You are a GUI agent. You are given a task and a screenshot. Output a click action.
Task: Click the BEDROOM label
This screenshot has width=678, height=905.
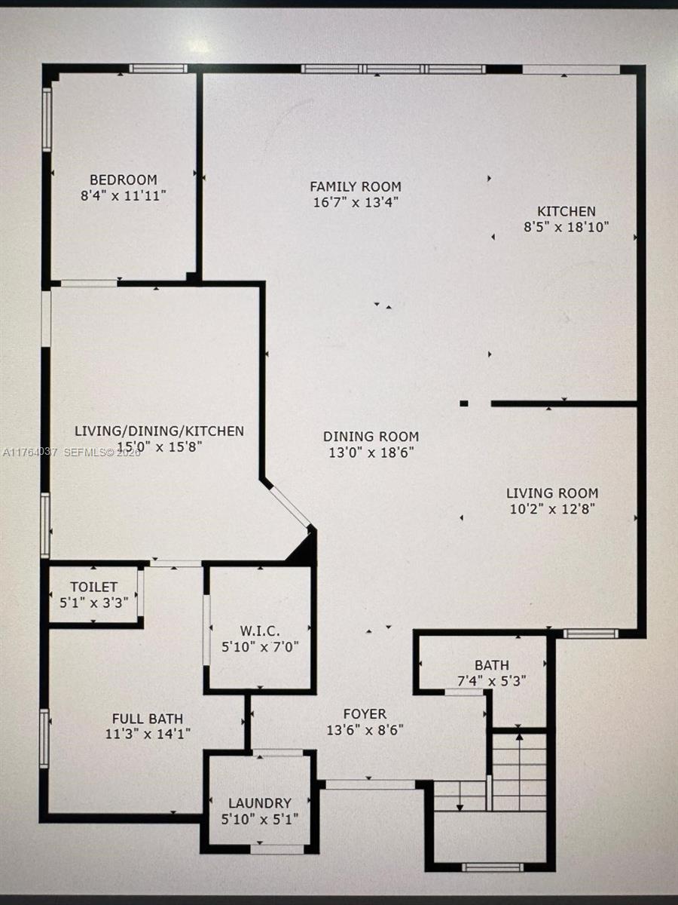tap(124, 180)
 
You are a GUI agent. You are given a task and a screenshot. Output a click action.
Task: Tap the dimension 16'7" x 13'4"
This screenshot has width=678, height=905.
tap(356, 202)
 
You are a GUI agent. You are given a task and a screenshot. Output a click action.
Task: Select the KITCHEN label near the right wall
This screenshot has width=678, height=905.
tap(566, 212)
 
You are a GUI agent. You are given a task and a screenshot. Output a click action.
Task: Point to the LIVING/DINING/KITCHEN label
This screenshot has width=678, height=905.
tap(159, 431)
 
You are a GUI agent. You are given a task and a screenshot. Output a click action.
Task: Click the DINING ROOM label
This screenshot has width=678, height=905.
tap(371, 437)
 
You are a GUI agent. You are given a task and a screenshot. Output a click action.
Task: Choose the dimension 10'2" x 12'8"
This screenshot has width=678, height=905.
tap(553, 508)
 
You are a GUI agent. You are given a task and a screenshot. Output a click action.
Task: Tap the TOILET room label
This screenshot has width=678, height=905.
tap(94, 587)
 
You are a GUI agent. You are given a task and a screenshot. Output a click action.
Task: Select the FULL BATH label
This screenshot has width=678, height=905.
tap(148, 719)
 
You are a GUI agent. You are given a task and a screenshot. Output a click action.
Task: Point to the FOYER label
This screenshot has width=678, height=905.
tap(365, 714)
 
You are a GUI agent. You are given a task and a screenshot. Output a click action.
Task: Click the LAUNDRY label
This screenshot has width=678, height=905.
tap(260, 803)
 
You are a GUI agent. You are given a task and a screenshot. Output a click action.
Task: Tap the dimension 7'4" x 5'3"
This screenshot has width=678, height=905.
tap(491, 680)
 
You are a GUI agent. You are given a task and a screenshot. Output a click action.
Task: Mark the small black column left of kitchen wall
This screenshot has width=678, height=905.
tap(464, 403)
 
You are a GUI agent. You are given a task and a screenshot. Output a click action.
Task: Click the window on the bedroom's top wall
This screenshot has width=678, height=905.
tap(157, 69)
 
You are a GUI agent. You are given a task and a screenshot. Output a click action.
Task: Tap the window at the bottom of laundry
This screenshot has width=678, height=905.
tap(276, 849)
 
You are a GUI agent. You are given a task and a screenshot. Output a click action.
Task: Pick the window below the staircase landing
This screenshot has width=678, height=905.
tap(492, 867)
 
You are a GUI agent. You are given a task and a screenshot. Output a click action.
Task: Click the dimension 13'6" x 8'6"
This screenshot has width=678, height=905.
tap(365, 730)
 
